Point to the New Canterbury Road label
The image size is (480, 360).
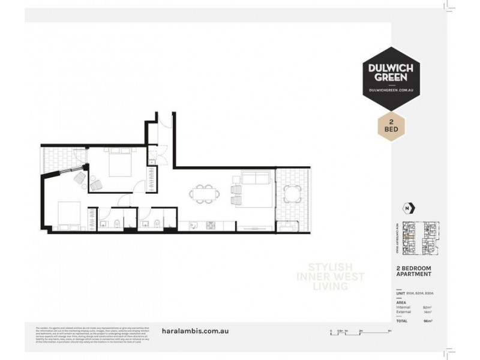point(398,233)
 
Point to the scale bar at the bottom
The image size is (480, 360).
point(360,331)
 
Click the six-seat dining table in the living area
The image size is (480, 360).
point(203,194)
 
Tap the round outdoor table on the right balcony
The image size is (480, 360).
point(292,194)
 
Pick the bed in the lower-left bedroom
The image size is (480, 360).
point(67,213)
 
